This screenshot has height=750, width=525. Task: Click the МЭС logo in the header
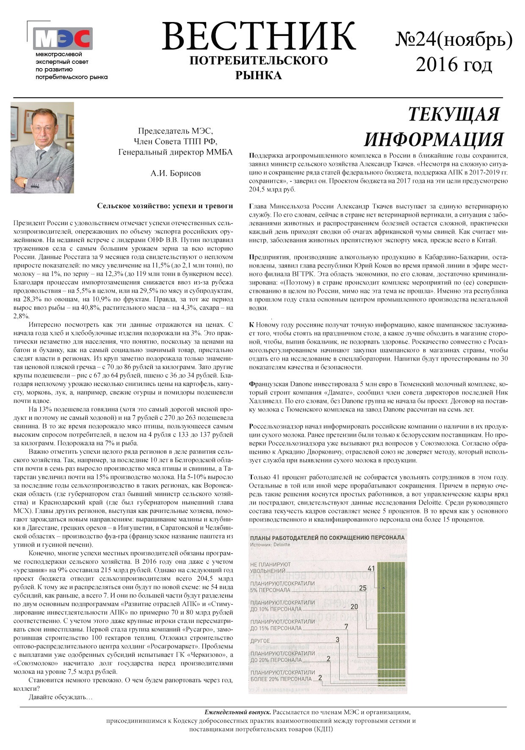pos(63,38)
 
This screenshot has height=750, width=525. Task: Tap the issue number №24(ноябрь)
pos(454,40)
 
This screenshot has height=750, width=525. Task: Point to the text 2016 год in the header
pos(454,65)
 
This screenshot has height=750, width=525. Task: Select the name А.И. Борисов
pos(176,173)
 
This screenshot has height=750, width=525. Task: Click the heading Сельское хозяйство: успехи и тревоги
pos(165,206)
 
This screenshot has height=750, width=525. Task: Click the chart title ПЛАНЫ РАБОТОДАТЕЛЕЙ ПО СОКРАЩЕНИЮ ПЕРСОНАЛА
pos(327,538)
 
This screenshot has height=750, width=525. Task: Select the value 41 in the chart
pos(372,568)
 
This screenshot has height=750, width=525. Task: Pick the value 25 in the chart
pos(362,587)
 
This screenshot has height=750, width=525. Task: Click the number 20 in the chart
pos(354,607)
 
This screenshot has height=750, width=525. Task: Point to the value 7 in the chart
pos(346,626)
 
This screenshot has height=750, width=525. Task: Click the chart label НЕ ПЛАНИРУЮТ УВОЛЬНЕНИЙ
pos(271,568)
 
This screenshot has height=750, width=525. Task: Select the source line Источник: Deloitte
pos(270,545)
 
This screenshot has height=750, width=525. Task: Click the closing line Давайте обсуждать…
pos(60,697)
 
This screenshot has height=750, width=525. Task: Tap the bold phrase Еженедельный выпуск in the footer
pos(238,712)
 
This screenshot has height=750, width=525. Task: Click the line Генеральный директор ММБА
pos(175,152)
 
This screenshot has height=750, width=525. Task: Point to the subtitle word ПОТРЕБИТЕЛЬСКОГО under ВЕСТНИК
pos(258,61)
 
